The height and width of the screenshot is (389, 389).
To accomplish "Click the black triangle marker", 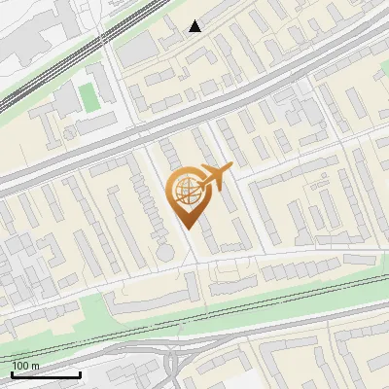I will click(x=195, y=26).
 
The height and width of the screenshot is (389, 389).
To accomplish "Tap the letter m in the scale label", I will click(x=35, y=366).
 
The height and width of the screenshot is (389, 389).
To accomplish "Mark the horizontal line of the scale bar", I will click(x=46, y=374).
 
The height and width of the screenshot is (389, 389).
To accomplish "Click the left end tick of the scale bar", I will click(x=13, y=372).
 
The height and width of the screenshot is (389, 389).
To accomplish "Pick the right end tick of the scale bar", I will click(x=80, y=372).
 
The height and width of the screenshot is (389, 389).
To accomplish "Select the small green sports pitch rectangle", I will click(x=88, y=95).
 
